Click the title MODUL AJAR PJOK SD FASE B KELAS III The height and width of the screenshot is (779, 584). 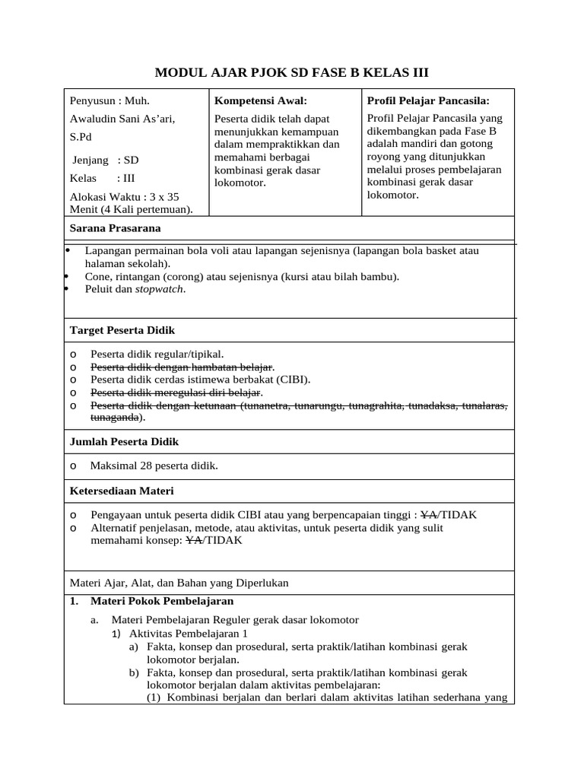click(x=292, y=73)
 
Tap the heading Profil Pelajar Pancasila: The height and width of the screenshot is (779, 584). click(x=428, y=100)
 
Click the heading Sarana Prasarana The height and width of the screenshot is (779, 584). click(x=115, y=228)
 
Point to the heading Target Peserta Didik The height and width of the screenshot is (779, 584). click(x=122, y=330)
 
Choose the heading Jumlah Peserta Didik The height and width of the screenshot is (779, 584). click(x=124, y=441)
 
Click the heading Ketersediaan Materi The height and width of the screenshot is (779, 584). click(x=122, y=491)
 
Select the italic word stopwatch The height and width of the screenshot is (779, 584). click(x=160, y=289)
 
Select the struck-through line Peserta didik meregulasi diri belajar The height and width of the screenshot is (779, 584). click(x=175, y=393)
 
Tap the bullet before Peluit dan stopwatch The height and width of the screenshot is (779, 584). click(x=68, y=289)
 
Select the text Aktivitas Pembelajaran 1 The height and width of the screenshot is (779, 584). click(x=189, y=633)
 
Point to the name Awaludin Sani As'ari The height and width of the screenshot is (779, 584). click(x=122, y=119)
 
